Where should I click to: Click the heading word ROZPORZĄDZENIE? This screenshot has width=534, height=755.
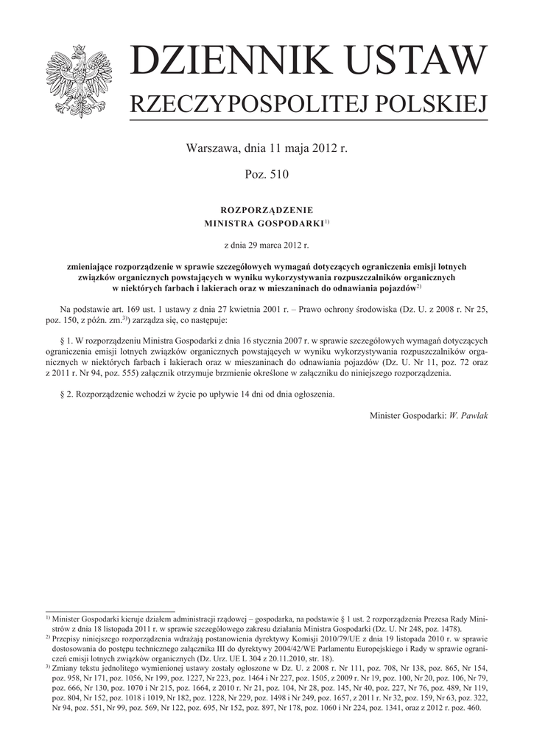[x=267, y=210]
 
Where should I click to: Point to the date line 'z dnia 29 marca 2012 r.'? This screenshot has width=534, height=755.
[x=267, y=243]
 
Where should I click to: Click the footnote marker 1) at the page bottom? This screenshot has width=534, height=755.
[x=48, y=618]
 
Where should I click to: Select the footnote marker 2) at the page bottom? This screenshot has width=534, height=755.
[x=48, y=637]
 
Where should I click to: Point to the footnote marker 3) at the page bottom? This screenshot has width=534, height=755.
[x=48, y=667]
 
